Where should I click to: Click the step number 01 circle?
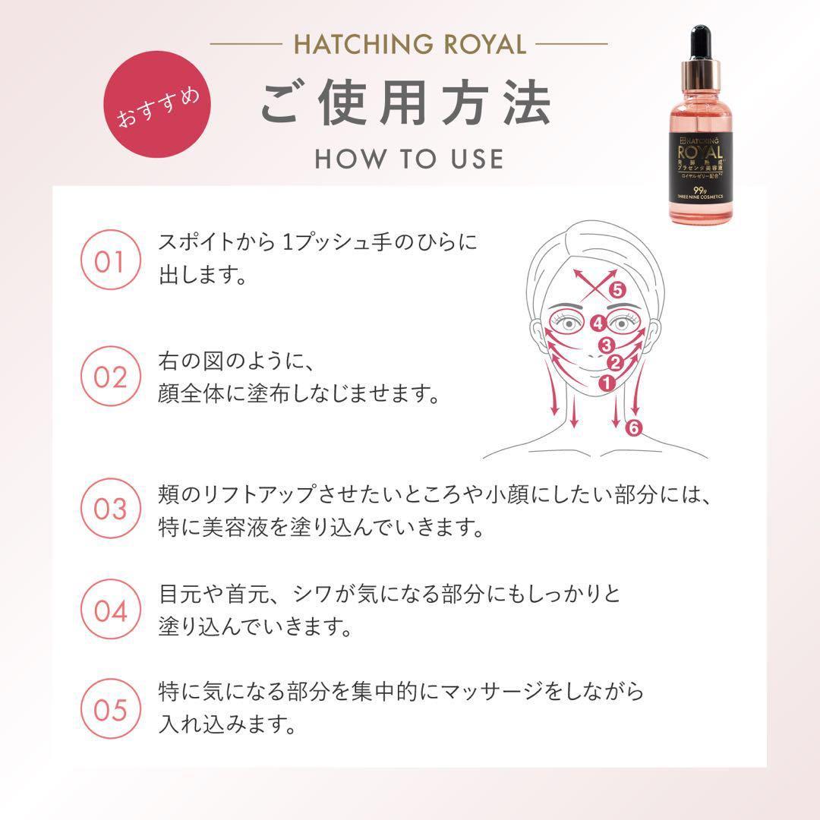[x=109, y=262]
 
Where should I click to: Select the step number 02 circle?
[x=109, y=377]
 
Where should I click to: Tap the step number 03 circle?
[x=109, y=508]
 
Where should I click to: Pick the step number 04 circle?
[x=109, y=610]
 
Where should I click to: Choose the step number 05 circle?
[x=109, y=711]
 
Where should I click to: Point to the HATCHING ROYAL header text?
[x=409, y=44]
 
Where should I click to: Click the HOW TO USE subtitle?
[x=409, y=158]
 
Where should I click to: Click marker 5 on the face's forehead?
[x=617, y=289]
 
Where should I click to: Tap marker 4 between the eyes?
[x=598, y=323]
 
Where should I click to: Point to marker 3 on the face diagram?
[x=606, y=345]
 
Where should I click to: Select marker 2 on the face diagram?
[x=615, y=364]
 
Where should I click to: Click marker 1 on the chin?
[x=607, y=383]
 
